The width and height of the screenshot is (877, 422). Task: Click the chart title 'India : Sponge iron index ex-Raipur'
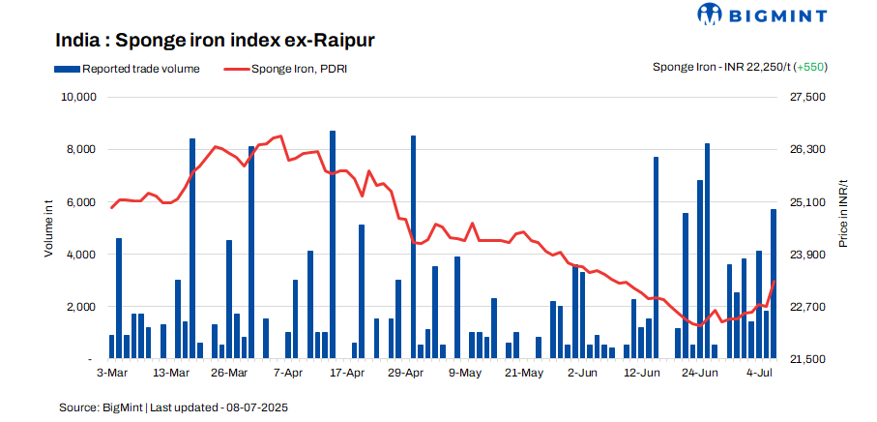(215, 41)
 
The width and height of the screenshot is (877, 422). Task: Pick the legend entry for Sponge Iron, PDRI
(285, 69)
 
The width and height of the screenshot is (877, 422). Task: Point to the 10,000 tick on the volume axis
(77, 98)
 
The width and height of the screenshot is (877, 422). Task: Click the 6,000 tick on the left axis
(80, 202)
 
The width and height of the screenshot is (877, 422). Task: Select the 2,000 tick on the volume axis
(80, 307)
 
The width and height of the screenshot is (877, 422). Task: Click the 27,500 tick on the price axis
(808, 98)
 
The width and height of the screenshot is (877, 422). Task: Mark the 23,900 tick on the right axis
(808, 255)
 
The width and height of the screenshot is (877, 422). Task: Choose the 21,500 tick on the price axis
(808, 359)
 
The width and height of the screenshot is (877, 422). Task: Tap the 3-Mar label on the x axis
(112, 373)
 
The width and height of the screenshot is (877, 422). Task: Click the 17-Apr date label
(348, 373)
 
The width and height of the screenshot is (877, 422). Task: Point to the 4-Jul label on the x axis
(763, 373)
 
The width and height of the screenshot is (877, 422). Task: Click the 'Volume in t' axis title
(48, 228)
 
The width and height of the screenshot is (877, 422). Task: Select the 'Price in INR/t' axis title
(843, 214)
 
